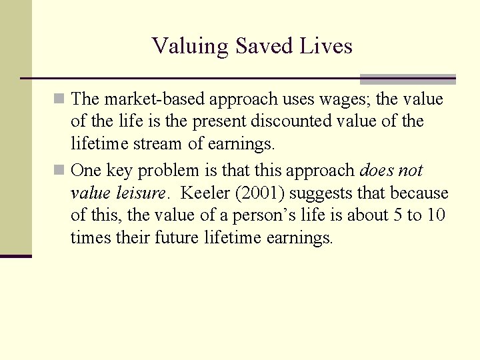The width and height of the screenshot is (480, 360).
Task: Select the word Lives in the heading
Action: (x=327, y=46)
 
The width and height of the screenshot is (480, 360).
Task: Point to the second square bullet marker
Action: (x=60, y=171)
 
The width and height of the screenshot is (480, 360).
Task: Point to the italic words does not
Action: (x=391, y=170)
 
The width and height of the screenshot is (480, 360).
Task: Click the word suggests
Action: (x=317, y=193)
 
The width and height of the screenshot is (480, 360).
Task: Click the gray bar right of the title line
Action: (x=407, y=79)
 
